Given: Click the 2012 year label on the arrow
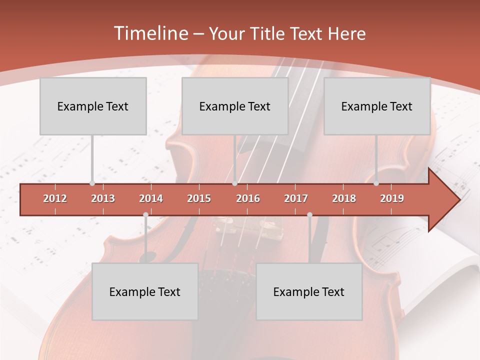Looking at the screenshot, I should click(55, 198).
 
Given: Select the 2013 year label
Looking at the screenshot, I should click(103, 198).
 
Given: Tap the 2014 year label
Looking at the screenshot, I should click(151, 198).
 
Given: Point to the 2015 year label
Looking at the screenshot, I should click(199, 198).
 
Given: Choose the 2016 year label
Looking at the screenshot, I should click(248, 198).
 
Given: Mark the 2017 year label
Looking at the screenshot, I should click(296, 198).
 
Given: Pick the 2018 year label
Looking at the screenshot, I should click(344, 198).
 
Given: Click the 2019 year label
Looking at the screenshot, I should click(392, 198).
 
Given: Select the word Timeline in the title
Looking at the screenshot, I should click(150, 33).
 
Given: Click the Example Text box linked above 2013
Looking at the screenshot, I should click(93, 106).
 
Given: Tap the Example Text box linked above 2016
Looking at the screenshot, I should click(235, 106).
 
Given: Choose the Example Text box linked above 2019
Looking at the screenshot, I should click(377, 106).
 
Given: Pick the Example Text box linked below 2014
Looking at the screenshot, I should click(145, 291).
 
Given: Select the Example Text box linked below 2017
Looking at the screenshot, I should click(309, 291).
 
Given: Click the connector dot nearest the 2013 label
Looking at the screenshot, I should click(92, 183).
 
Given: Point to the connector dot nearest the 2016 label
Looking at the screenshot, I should click(234, 183).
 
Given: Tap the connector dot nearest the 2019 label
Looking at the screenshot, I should click(376, 183).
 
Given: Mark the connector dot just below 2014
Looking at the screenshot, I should click(145, 214).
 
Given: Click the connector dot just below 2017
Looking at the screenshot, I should click(309, 214).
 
